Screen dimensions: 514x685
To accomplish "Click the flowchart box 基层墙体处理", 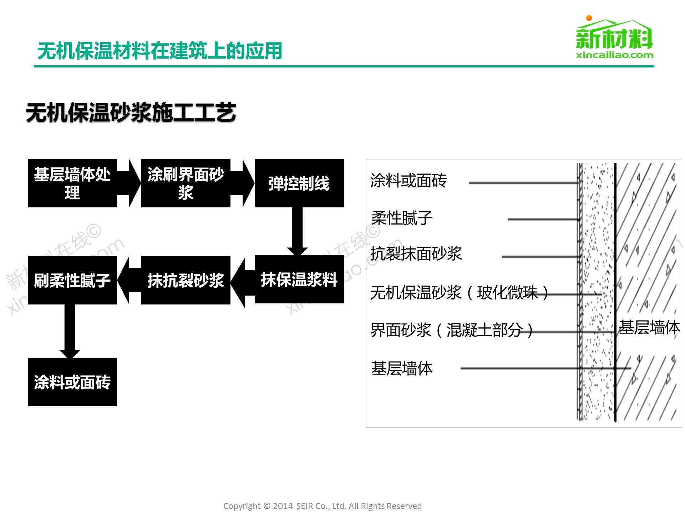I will (x=72, y=183).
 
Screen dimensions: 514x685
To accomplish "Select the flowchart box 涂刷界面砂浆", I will (x=186, y=183).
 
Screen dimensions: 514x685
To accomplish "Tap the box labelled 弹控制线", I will (x=299, y=183).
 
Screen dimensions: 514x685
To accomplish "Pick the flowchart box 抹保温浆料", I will (x=299, y=279).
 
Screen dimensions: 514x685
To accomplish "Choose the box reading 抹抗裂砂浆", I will (x=186, y=280).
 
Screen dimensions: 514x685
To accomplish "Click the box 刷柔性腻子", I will (x=72, y=280).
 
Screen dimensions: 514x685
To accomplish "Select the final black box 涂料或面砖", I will (x=72, y=382).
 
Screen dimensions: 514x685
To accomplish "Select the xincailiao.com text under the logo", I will (x=614, y=55).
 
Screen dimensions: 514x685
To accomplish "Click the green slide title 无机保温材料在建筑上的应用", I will (x=159, y=51).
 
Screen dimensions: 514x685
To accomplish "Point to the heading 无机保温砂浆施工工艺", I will (x=131, y=113).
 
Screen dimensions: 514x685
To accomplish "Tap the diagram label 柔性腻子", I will (x=402, y=218).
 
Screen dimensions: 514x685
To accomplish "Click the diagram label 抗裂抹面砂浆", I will (x=416, y=254).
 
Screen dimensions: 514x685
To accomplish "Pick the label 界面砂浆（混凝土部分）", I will (x=452, y=330).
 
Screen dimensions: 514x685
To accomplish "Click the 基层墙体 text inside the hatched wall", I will (x=649, y=327).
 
